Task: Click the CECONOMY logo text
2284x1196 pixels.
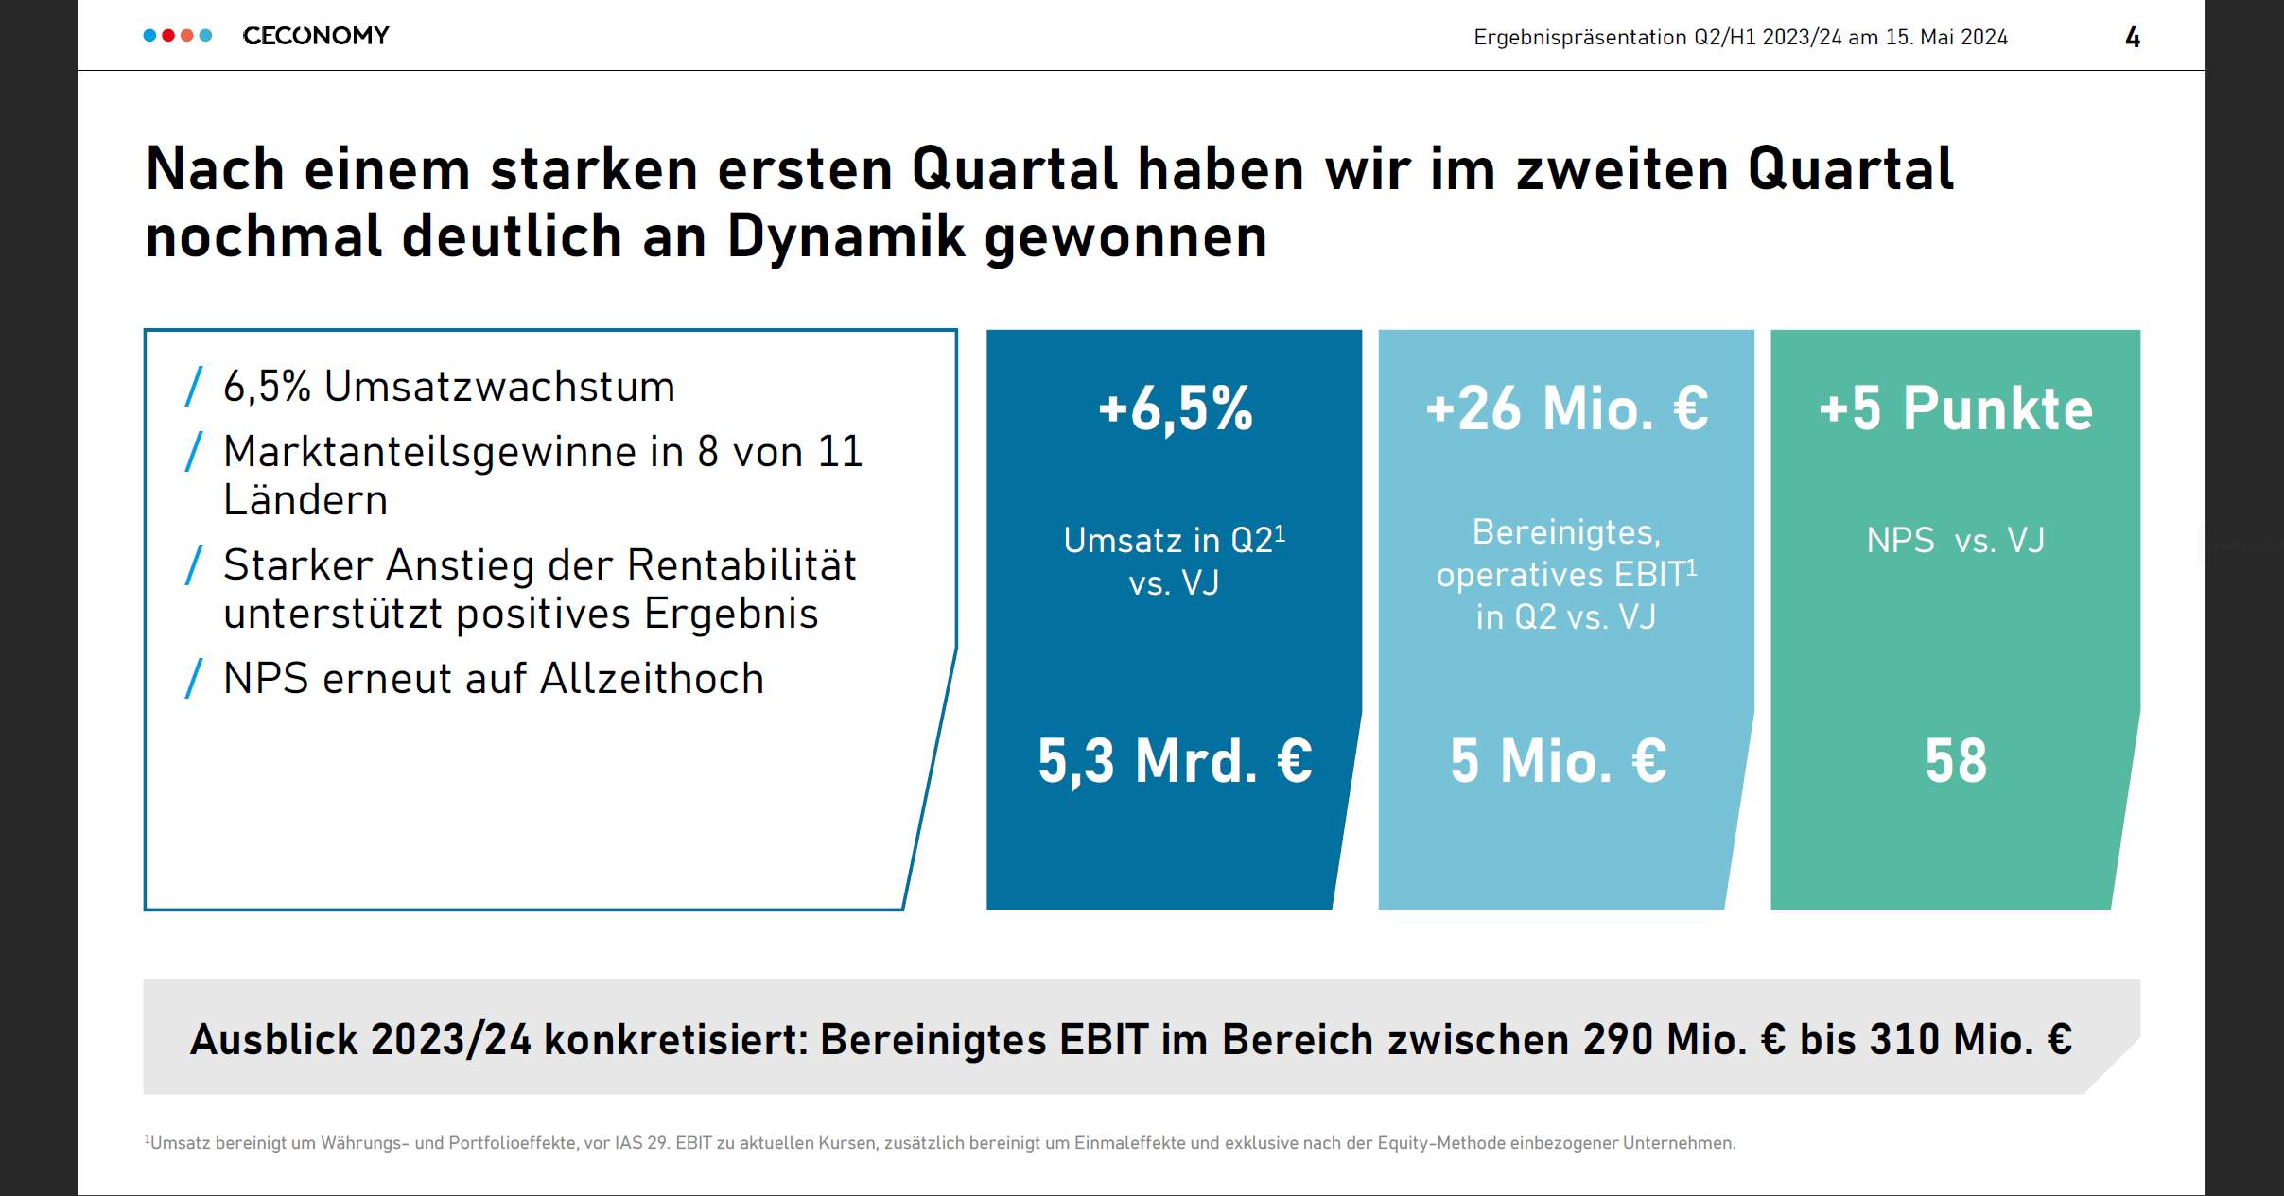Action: click(x=316, y=36)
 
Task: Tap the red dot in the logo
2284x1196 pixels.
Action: click(x=168, y=36)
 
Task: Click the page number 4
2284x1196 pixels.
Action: click(x=2133, y=37)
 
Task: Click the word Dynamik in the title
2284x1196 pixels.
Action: click(x=846, y=236)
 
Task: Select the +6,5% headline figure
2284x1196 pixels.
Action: click(x=1175, y=408)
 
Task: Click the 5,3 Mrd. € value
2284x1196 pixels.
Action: click(x=1175, y=760)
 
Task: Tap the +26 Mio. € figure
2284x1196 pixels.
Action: click(x=1566, y=408)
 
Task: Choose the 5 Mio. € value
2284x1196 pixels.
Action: click(x=1559, y=760)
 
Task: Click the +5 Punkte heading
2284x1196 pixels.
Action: click(x=1956, y=408)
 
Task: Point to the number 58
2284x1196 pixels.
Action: click(x=1956, y=760)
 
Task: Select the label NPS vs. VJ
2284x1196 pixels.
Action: click(x=1956, y=541)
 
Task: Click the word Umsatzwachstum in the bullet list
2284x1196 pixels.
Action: click(x=499, y=387)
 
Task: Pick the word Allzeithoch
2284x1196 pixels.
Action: click(x=652, y=679)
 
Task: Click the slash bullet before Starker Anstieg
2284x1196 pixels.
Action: click(x=194, y=565)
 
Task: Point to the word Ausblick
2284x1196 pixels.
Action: click(x=274, y=1039)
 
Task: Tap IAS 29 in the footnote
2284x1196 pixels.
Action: click(x=641, y=1143)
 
